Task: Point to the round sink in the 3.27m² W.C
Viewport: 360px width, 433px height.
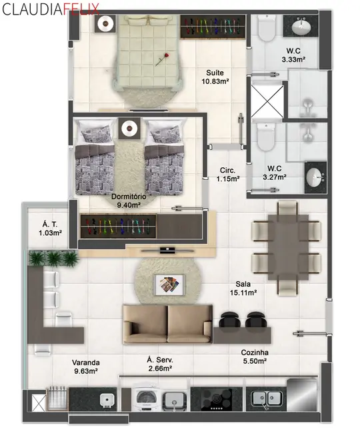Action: coord(315,178)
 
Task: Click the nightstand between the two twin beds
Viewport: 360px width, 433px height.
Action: coord(128,128)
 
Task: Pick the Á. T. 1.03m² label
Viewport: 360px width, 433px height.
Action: coord(48,229)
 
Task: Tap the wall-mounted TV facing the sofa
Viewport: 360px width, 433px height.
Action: coord(168,250)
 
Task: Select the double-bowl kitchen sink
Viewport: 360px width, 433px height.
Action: coord(265,400)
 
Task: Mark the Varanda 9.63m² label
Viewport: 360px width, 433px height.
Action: coord(85,366)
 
